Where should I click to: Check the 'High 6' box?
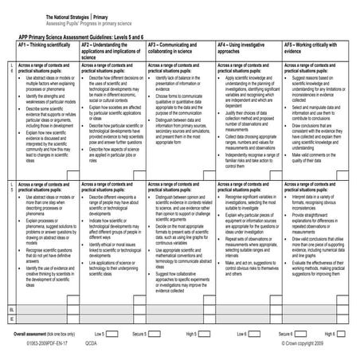pyautogui.click(x=348, y=333)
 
